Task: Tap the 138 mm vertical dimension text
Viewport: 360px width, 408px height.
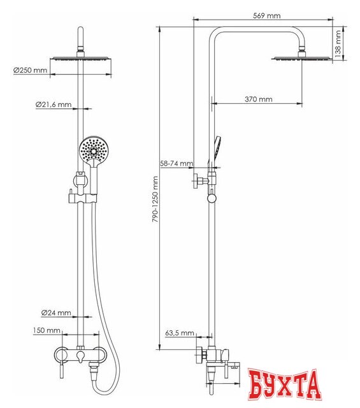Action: click(x=339, y=43)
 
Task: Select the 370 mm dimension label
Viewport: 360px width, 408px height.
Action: click(x=259, y=99)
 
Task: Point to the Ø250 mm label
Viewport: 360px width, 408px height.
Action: click(x=30, y=70)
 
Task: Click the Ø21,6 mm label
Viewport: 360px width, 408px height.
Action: click(x=53, y=104)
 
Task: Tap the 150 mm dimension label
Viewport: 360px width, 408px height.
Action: click(x=48, y=331)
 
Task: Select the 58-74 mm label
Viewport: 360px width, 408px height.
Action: click(x=176, y=164)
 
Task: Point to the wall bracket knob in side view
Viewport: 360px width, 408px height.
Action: click(x=212, y=199)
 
